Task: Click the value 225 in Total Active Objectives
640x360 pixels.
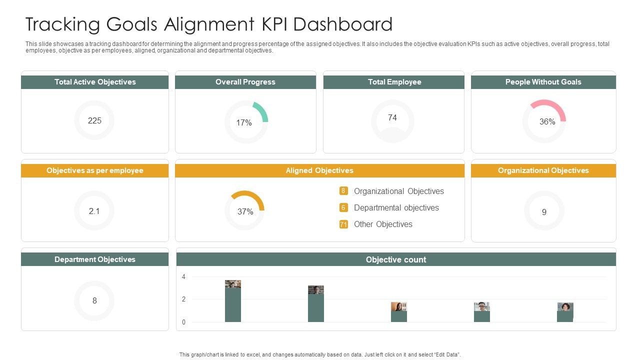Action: [x=94, y=120]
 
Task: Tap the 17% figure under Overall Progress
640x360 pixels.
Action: [x=244, y=122]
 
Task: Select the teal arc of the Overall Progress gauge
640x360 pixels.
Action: [x=262, y=111]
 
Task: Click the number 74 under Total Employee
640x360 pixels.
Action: [x=392, y=117]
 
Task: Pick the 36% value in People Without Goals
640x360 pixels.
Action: [x=547, y=121]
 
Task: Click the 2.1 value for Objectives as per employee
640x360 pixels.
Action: [x=94, y=211]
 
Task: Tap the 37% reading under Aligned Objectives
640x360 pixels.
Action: [x=245, y=211]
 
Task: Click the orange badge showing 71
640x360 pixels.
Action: [x=343, y=224]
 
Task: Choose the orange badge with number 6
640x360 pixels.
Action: [x=343, y=207]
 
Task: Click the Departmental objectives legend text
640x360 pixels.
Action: [x=396, y=207]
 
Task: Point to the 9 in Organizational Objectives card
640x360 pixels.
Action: [x=544, y=212]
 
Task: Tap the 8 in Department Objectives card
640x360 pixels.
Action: [x=94, y=300]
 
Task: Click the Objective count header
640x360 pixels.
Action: [x=396, y=259]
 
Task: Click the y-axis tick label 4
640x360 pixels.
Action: [x=183, y=276]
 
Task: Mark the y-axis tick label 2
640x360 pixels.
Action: [x=183, y=299]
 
